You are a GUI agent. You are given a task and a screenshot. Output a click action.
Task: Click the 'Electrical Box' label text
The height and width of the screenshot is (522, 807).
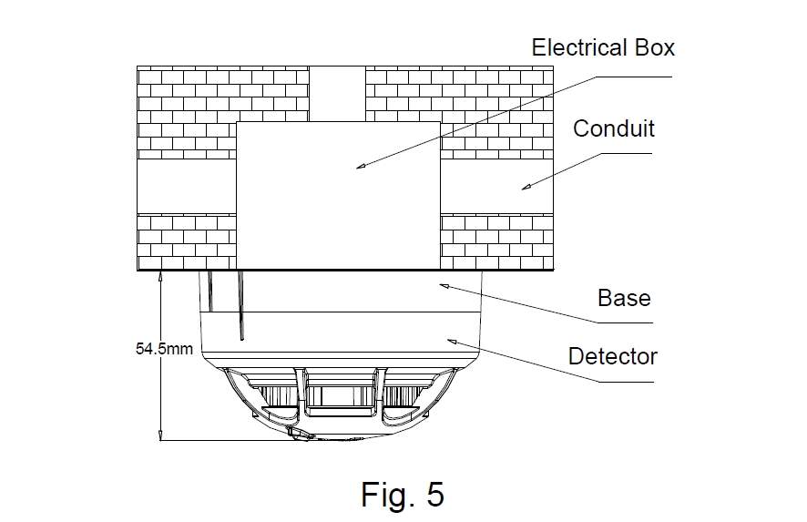pyautogui.click(x=603, y=47)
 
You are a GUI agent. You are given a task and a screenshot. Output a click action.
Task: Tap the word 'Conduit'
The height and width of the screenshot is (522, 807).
pyautogui.click(x=613, y=128)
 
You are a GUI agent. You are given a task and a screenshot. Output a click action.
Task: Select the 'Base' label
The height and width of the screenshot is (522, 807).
pyautogui.click(x=624, y=298)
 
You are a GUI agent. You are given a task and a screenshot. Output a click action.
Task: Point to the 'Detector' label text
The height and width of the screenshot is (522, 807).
pyautogui.click(x=612, y=356)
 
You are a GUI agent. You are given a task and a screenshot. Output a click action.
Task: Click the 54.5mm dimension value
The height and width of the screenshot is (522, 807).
pyautogui.click(x=164, y=348)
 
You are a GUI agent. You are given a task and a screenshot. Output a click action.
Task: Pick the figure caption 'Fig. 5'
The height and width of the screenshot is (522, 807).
pyautogui.click(x=403, y=495)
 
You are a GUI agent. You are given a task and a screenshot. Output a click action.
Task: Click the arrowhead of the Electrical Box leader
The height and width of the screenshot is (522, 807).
pyautogui.click(x=359, y=167)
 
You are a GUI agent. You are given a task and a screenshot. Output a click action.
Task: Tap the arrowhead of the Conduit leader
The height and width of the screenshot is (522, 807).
pyautogui.click(x=525, y=188)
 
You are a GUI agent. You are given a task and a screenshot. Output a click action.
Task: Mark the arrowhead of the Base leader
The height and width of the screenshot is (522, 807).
pyautogui.click(x=444, y=285)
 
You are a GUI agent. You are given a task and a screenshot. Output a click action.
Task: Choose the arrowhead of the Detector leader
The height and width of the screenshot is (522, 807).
pyautogui.click(x=450, y=340)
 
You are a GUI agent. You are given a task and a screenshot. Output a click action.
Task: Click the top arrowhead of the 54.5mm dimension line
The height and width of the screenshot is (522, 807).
pyautogui.click(x=160, y=274)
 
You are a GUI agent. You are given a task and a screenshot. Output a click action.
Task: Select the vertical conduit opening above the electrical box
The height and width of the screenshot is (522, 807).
pyautogui.click(x=338, y=93)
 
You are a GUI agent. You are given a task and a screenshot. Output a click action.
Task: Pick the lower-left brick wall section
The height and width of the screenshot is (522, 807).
pyautogui.click(x=187, y=241)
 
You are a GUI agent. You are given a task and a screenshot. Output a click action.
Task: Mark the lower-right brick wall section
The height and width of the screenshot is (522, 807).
pyautogui.click(x=496, y=241)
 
